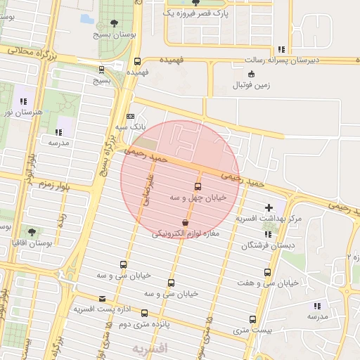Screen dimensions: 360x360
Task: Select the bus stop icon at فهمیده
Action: point(138,61)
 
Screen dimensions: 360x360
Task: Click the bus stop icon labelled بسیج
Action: point(102,70)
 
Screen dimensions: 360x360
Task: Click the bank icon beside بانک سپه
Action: point(129,117)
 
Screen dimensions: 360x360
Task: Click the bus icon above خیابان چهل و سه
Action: point(198,187)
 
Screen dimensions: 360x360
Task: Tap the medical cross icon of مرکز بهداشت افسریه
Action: point(269,208)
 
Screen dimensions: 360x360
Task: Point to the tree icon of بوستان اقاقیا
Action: point(32,231)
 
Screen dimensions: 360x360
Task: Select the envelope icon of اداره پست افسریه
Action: point(103,299)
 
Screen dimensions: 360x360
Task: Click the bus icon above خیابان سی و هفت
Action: point(267,272)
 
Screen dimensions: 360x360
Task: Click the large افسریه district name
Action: point(150,348)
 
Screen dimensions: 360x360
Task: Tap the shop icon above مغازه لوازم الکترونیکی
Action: point(185,222)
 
